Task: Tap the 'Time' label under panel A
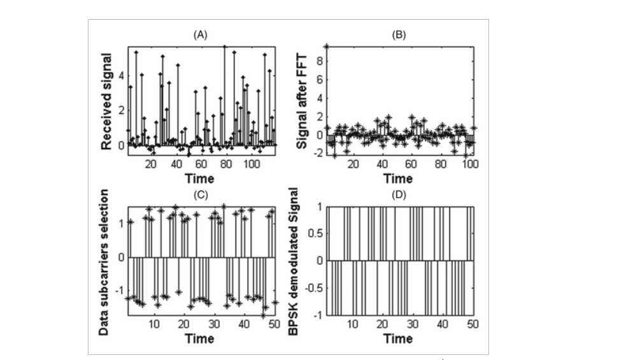(199, 178)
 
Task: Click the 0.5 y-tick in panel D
(315, 233)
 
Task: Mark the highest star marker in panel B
(326, 46)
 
